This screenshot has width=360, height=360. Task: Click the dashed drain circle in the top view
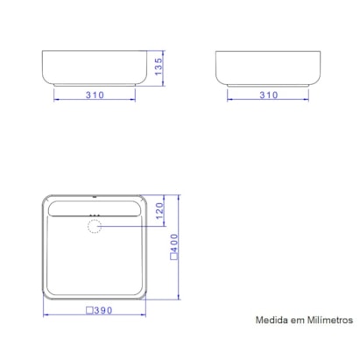[x=95, y=227]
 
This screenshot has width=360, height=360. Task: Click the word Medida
[x=272, y=321]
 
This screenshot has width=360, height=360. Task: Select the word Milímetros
[x=329, y=321]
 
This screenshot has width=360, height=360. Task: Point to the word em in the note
[x=297, y=321]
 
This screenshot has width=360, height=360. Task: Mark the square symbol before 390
[x=89, y=310]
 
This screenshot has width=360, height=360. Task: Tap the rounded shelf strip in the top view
[x=95, y=208]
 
